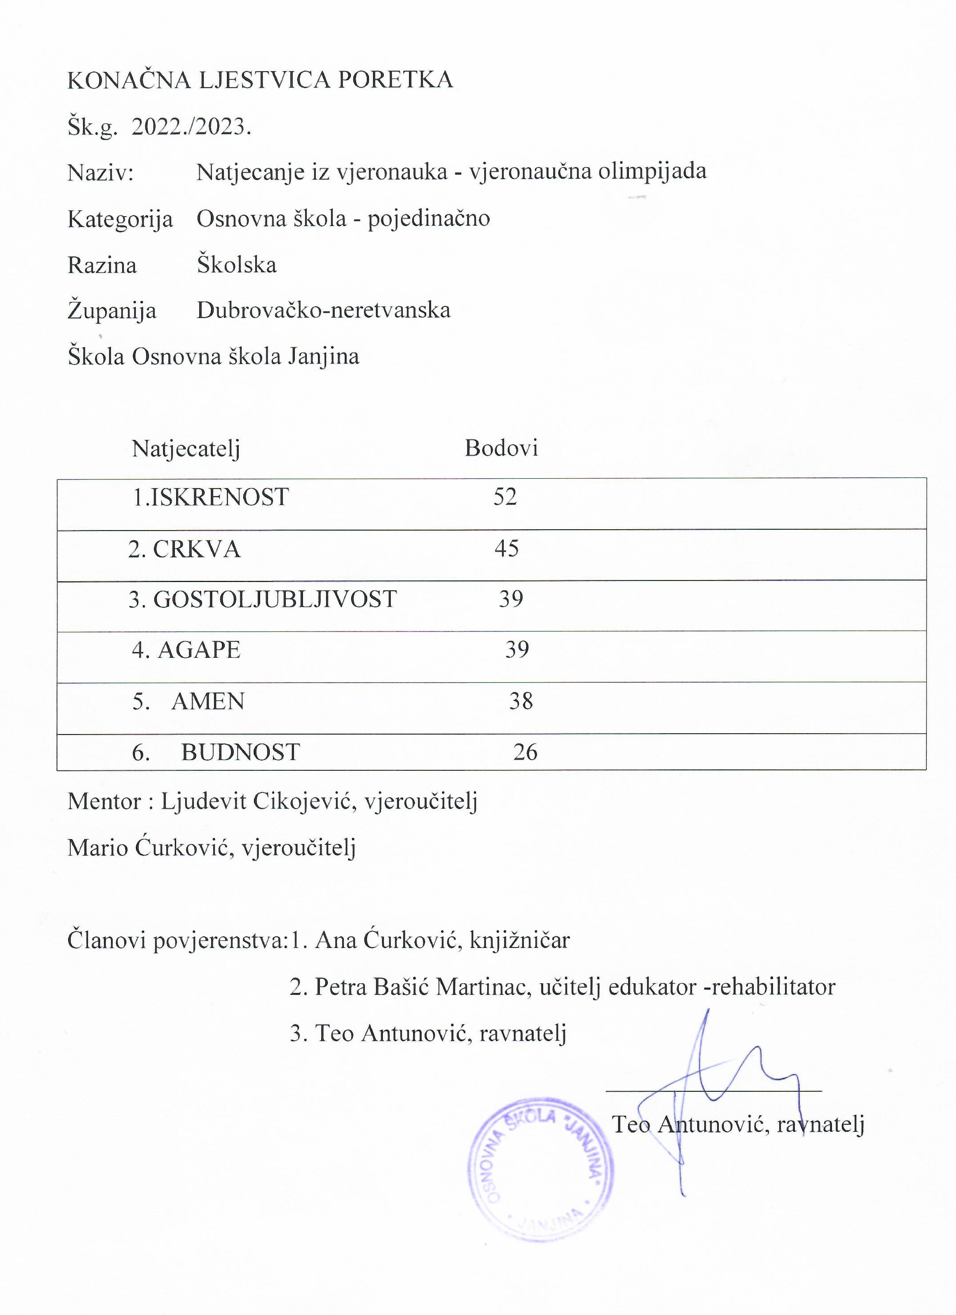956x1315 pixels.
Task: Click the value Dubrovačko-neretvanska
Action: [x=324, y=310]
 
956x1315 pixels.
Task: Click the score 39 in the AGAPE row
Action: [x=517, y=649]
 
